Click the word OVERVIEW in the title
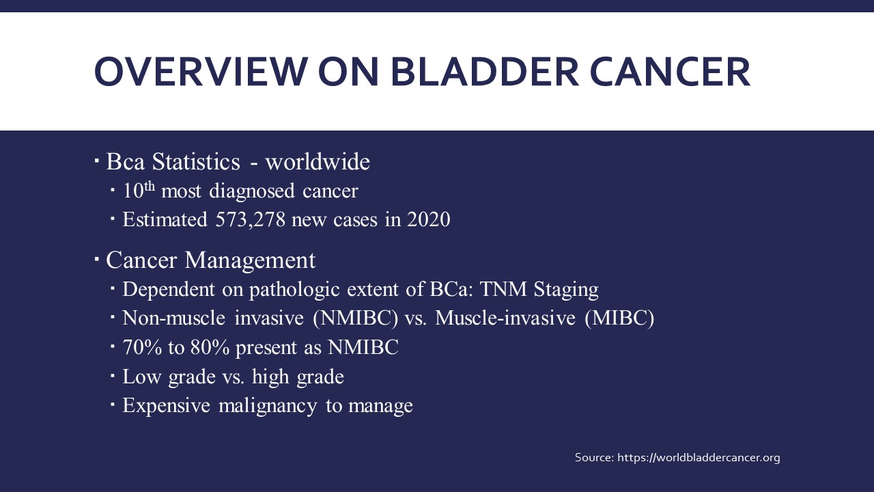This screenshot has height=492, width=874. tap(201, 72)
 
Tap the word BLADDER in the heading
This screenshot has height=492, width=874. tap(485, 72)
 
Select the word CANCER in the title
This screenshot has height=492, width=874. tap(670, 72)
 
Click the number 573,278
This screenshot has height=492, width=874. tap(251, 219)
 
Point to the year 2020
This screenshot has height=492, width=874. tap(429, 219)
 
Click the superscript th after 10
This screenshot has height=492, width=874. tap(150, 187)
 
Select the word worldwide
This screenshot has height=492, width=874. tap(318, 161)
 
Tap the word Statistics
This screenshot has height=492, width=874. tap(196, 161)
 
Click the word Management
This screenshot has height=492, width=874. tap(250, 260)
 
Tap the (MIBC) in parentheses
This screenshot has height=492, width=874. tap(619, 318)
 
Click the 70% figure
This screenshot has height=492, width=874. tap(142, 347)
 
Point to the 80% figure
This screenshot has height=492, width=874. tap(210, 347)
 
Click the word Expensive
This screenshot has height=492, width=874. tap(167, 406)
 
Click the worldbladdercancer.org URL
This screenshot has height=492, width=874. tap(699, 457)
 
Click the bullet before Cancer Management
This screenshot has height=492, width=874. tap(97, 258)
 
